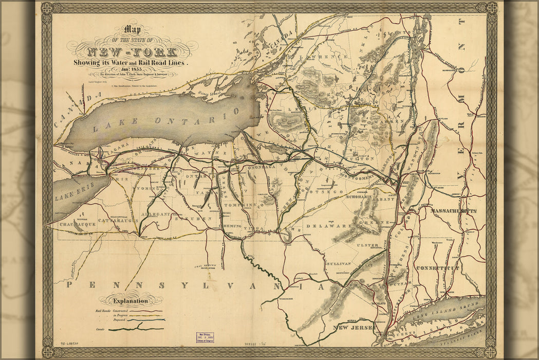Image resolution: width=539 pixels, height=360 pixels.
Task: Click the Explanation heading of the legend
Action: point(131,301)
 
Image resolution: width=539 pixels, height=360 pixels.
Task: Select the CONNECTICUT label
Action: point(437,268)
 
